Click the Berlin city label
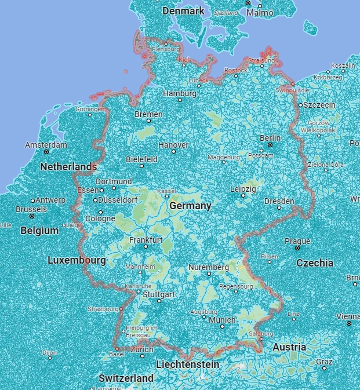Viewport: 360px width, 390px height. [270, 138]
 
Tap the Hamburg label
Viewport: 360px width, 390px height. [180, 93]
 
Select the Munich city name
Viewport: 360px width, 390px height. [222, 320]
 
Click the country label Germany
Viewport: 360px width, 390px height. [190, 206]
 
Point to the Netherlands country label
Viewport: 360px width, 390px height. [68, 167]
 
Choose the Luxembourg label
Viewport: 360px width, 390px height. [77, 260]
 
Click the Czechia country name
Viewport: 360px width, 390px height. [315, 263]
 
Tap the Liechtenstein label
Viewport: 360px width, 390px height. [188, 365]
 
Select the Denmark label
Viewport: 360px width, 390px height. [183, 11]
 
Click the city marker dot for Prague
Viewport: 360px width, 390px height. [297, 248]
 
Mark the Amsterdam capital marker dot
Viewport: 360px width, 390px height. [46, 152]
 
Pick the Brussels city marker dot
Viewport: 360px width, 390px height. [32, 216]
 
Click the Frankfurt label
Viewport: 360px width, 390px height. [146, 240]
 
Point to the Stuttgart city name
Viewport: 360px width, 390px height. [158, 294]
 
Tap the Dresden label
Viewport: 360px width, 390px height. [279, 201]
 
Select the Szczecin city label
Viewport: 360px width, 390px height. [319, 105]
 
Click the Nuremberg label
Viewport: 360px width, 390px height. [209, 268]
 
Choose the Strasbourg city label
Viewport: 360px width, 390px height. [103, 309]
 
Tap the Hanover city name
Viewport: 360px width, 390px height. [173, 144]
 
